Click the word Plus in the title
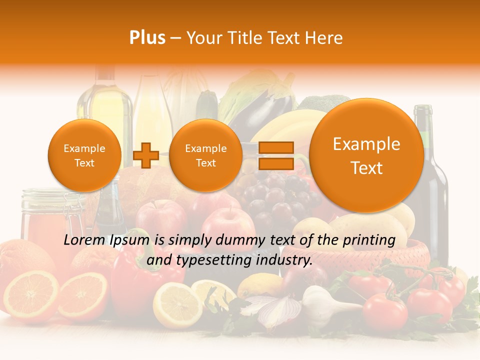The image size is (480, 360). [x=147, y=37]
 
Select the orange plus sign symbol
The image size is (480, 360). [x=146, y=155]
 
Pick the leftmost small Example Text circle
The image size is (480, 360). [x=84, y=155]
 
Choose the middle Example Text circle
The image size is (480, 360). [x=205, y=155]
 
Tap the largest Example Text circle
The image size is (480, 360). [x=366, y=155]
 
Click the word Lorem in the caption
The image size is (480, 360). [x=83, y=240]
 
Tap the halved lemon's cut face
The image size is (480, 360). [x=177, y=304]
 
